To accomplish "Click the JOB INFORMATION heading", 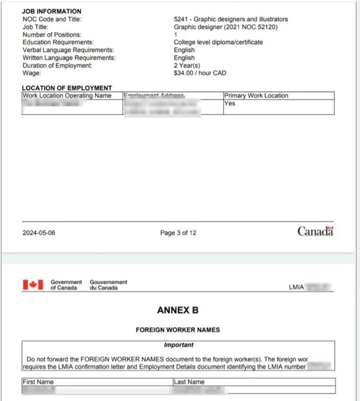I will pos(52,11).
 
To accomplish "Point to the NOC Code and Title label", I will pos(52,19).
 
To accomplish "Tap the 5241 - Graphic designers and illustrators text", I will pos(230,19).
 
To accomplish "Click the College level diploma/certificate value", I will pos(218,42).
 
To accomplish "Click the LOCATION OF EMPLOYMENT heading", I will pos(67,88).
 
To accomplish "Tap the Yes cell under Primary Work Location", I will pos(229,104).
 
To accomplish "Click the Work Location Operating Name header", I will pos(67,96).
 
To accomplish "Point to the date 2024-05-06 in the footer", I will pos(39,233).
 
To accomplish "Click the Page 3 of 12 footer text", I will pos(178,233).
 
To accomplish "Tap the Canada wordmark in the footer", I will pos(315,231).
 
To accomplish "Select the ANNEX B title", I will pos(178,310).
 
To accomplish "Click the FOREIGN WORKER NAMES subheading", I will pos(178,330).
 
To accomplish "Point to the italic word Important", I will pos(178,345).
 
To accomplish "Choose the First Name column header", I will pos(38,382).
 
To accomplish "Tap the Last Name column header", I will pos(189,382).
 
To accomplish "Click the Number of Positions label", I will pos(52,35).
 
